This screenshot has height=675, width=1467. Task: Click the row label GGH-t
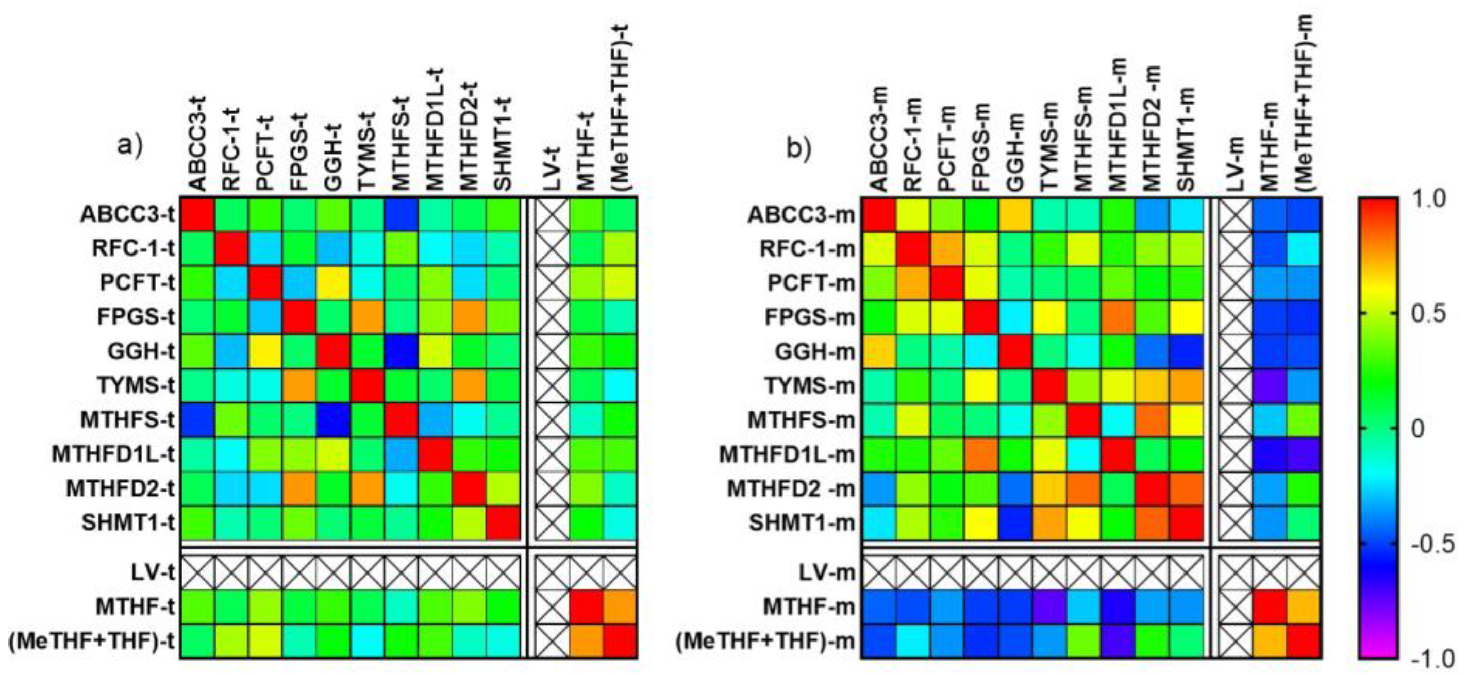(x=141, y=351)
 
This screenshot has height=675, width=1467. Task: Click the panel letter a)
(x=130, y=146)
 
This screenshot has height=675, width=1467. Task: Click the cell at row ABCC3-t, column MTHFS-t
(x=402, y=214)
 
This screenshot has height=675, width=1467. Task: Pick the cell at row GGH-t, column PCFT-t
(x=265, y=351)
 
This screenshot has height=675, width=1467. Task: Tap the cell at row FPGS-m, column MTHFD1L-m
(x=1118, y=317)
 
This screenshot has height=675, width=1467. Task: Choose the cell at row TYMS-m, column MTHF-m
(x=1270, y=386)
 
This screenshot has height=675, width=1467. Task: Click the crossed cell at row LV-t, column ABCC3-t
(x=197, y=572)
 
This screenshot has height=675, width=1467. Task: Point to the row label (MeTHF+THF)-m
(x=765, y=642)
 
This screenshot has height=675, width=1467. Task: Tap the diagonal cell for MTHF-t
(x=587, y=606)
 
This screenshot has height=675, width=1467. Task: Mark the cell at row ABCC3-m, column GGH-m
(x=1015, y=214)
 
